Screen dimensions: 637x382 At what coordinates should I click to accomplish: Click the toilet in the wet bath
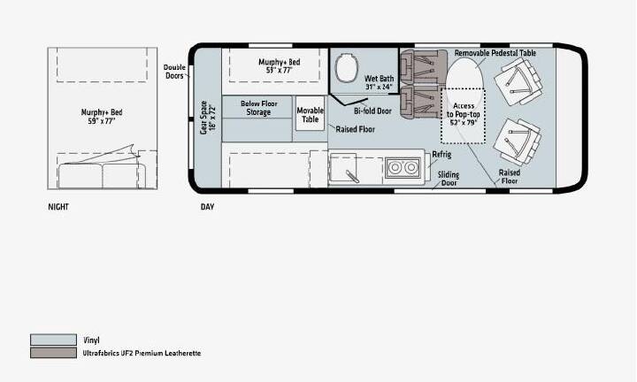click(x=348, y=67)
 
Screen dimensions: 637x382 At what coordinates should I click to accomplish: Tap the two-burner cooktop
click(x=403, y=167)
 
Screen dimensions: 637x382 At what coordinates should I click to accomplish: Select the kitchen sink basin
click(x=343, y=167)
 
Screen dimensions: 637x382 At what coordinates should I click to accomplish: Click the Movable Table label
click(x=310, y=115)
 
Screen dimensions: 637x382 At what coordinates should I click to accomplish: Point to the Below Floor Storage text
click(x=258, y=108)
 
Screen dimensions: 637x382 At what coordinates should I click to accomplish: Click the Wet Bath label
click(x=379, y=82)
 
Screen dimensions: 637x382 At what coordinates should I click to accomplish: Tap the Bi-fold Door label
click(x=372, y=111)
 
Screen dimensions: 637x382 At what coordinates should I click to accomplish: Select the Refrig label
click(x=441, y=155)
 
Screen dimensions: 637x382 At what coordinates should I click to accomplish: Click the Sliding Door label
click(x=449, y=179)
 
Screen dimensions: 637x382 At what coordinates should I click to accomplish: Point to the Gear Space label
click(x=208, y=118)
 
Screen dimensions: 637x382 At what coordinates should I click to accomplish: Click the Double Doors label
click(x=174, y=72)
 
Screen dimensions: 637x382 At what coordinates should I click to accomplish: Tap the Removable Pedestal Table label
click(x=495, y=53)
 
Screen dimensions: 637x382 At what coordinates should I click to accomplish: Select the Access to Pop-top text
click(x=464, y=114)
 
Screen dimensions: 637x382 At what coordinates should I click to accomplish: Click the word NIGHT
click(x=58, y=207)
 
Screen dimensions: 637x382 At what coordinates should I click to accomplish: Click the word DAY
click(x=207, y=207)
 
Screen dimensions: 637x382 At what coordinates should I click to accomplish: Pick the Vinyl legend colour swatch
click(x=53, y=340)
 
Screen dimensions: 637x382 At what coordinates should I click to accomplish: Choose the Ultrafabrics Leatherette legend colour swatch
click(x=53, y=353)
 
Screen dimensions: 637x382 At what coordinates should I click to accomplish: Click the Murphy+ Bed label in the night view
click(x=102, y=117)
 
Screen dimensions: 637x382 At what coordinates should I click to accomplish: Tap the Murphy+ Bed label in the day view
click(x=280, y=65)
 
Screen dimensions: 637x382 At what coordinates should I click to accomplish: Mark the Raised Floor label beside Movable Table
click(x=355, y=129)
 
